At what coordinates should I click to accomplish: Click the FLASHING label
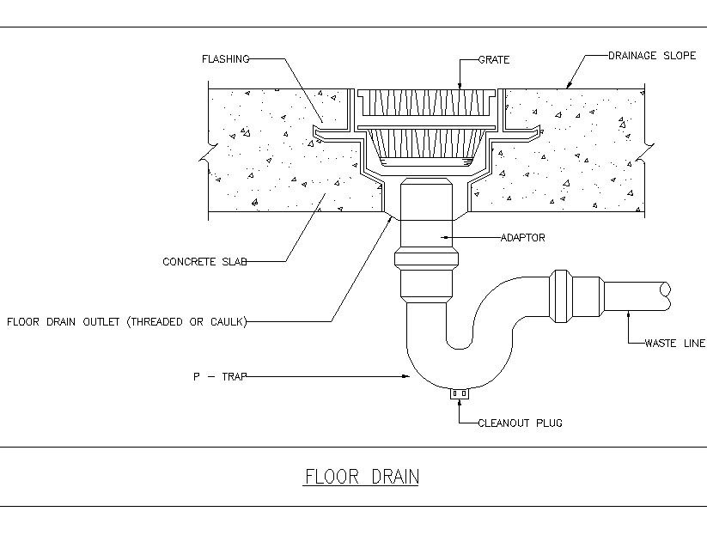pyautogui.click(x=225, y=59)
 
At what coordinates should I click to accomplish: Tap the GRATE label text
pyautogui.click(x=494, y=60)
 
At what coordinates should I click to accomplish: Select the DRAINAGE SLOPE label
pyautogui.click(x=652, y=56)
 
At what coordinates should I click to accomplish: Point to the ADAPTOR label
pyautogui.click(x=522, y=238)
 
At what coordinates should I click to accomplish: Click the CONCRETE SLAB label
pyautogui.click(x=204, y=261)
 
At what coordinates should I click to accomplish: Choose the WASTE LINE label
pyautogui.click(x=675, y=343)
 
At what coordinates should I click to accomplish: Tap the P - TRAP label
pyautogui.click(x=220, y=376)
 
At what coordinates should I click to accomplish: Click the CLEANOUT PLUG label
pyautogui.click(x=520, y=423)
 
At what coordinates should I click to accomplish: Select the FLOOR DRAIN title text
pyautogui.click(x=362, y=477)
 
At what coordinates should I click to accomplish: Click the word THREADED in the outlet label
pyautogui.click(x=156, y=322)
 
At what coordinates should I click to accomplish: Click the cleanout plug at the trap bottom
pyautogui.click(x=460, y=393)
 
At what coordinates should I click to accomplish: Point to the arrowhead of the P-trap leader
pyautogui.click(x=406, y=376)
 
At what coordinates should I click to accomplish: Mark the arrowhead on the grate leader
pyautogui.click(x=460, y=85)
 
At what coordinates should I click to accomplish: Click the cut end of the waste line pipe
pyautogui.click(x=666, y=296)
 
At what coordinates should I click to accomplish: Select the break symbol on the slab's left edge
pyautogui.click(x=208, y=152)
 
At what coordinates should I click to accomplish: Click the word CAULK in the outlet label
pyautogui.click(x=227, y=322)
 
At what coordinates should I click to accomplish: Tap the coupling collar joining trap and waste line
pyautogui.click(x=561, y=296)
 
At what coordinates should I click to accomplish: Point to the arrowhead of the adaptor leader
pyautogui.click(x=445, y=237)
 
